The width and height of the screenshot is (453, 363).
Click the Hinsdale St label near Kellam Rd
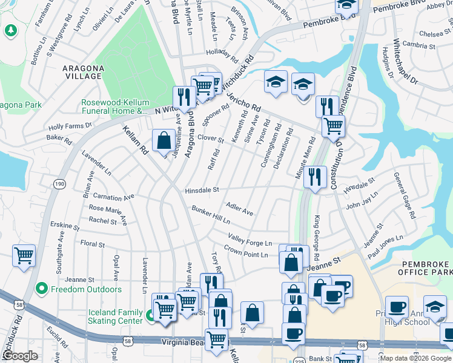[202, 190]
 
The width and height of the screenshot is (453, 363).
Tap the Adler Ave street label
[239, 209]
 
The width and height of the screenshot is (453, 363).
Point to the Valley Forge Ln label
[250, 240]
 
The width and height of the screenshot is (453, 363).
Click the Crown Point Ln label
[245, 252]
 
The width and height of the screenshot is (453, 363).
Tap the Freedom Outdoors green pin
[41, 289]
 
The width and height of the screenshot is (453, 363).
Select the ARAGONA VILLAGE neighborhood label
[82, 73]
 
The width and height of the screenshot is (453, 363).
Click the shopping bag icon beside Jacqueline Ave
[164, 140]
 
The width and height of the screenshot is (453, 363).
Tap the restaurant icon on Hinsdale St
[313, 176]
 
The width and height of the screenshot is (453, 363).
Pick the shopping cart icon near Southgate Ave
[24, 255]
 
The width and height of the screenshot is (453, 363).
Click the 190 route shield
[59, 183]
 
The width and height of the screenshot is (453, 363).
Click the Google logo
[19, 356]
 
